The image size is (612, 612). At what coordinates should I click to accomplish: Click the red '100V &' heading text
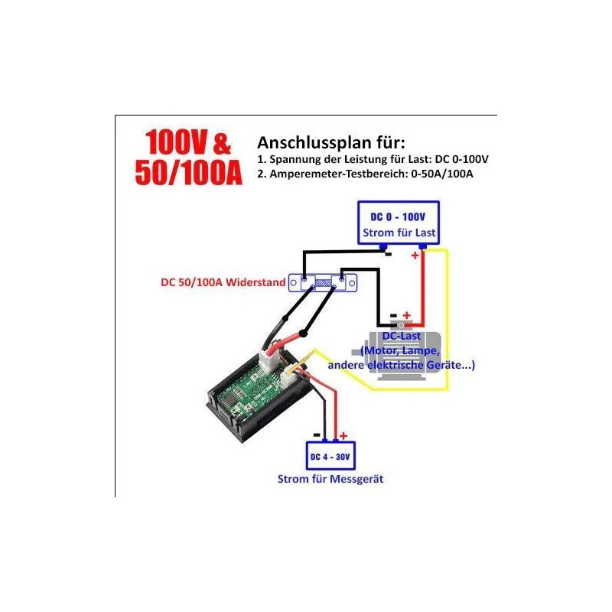187,145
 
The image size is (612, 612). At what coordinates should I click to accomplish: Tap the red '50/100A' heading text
188,174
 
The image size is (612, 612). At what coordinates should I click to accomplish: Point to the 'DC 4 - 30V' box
330,457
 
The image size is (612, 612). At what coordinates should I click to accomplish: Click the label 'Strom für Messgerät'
330,480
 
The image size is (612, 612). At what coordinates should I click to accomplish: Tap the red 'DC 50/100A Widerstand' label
222,282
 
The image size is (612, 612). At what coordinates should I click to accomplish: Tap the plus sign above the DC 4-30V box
343,434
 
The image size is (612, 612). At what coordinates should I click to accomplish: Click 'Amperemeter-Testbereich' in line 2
345,174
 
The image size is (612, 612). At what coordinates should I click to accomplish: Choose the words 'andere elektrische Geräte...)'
402,365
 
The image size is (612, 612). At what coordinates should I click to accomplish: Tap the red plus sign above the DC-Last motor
406,314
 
